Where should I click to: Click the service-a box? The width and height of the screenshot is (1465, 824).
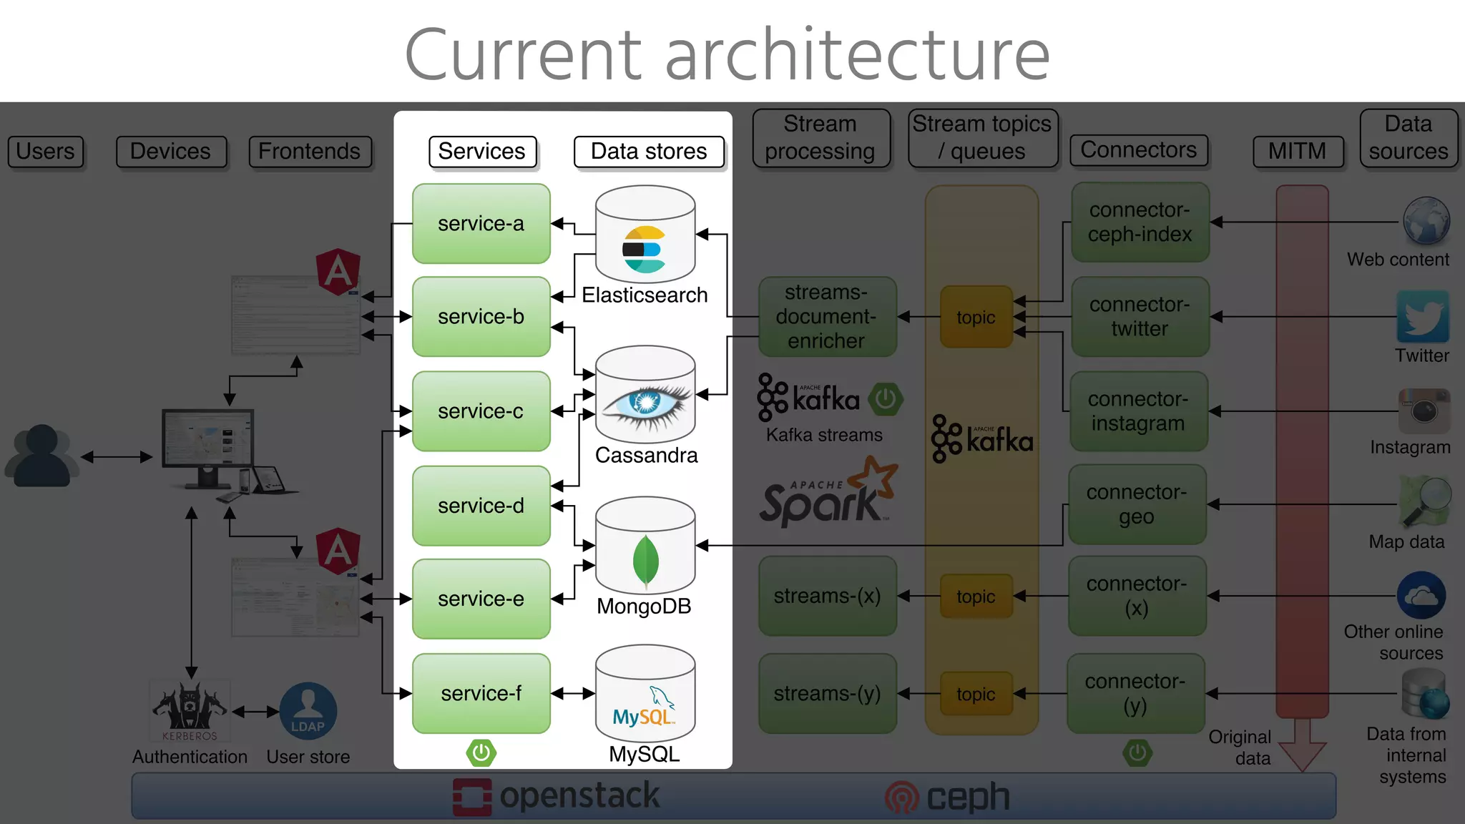click(481, 223)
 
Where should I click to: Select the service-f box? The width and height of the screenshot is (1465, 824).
click(481, 692)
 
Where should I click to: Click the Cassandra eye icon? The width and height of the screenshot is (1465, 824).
click(646, 403)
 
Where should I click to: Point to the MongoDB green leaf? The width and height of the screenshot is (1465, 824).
click(645, 561)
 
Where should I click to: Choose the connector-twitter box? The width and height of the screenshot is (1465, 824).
click(1140, 316)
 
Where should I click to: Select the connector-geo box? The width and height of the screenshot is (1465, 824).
click(1137, 504)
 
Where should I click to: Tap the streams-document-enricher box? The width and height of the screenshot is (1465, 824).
click(826, 316)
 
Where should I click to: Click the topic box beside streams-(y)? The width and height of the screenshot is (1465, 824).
click(976, 694)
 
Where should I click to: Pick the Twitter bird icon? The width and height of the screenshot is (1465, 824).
click(1422, 317)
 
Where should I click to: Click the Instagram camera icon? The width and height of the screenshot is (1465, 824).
click(1424, 411)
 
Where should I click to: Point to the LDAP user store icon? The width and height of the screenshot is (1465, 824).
click(308, 711)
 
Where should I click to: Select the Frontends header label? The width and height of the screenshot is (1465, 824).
click(310, 152)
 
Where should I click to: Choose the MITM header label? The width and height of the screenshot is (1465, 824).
click(1297, 152)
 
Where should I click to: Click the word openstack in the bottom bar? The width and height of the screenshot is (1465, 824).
click(579, 796)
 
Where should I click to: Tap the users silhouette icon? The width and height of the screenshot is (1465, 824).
click(41, 456)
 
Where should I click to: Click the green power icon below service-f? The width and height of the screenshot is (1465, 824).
click(481, 752)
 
